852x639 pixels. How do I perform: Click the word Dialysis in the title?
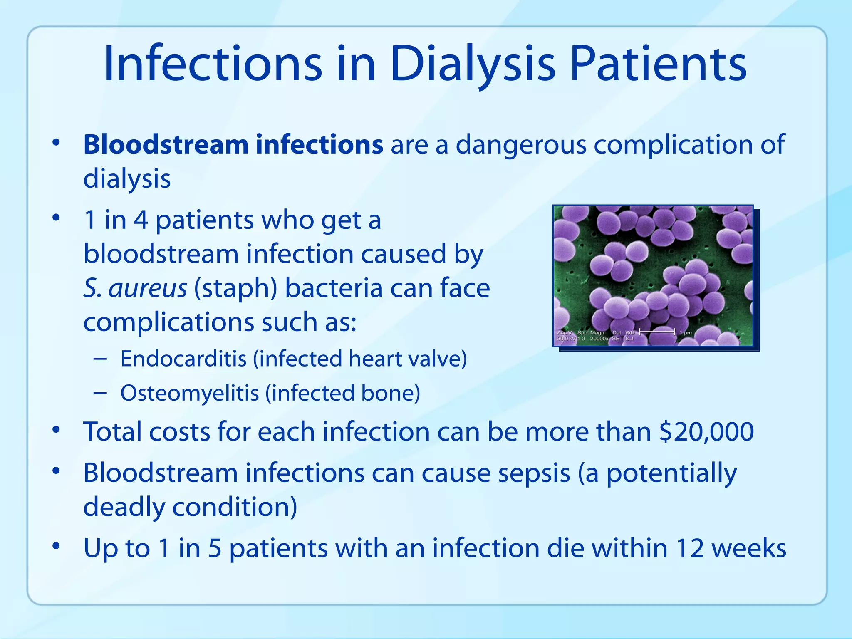pos(473,64)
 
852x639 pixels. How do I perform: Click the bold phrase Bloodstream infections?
pos(233,144)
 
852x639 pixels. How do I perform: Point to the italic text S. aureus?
pos(135,288)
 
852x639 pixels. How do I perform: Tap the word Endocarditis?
pos(183,359)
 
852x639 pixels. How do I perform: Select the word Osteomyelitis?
pos(189,393)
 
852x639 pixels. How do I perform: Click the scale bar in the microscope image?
pos(657,332)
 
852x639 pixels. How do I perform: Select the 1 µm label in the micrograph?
pos(685,333)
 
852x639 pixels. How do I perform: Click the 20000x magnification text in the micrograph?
pos(599,339)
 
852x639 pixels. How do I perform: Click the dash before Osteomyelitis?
pos(100,393)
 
